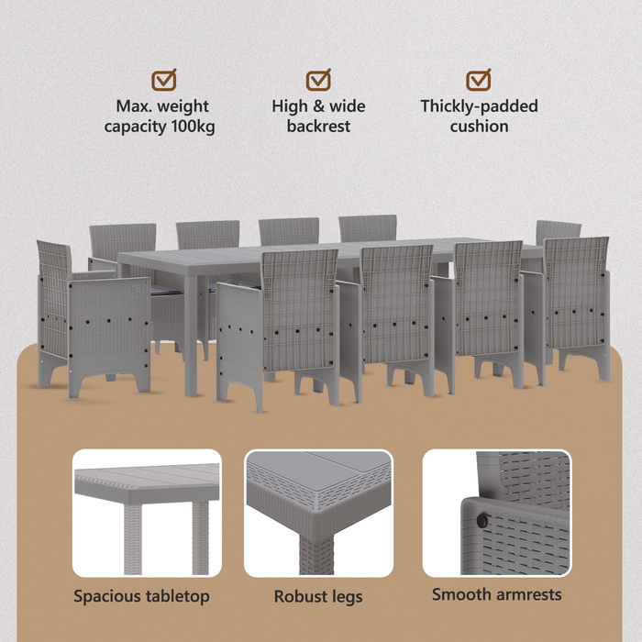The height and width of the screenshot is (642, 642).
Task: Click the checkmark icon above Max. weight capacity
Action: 164,80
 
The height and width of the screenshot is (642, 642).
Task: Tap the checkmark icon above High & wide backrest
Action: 318,80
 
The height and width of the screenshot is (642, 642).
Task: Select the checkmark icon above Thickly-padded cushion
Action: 478,80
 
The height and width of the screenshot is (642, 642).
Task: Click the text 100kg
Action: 193,127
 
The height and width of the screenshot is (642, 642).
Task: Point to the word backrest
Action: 318,127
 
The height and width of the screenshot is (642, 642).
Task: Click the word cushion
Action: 479,127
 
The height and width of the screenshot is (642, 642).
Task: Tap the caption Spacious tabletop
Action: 141,596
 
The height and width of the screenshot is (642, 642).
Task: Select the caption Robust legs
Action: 318,596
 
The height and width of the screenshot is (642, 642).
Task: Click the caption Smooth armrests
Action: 497,594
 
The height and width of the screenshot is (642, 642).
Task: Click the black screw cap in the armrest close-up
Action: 482,520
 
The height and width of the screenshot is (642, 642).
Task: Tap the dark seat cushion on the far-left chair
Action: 166,291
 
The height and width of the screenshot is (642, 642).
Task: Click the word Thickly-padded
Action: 479,106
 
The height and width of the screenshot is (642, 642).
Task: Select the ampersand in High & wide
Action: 318,106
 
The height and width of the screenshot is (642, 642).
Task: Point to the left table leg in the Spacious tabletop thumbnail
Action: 133,539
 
